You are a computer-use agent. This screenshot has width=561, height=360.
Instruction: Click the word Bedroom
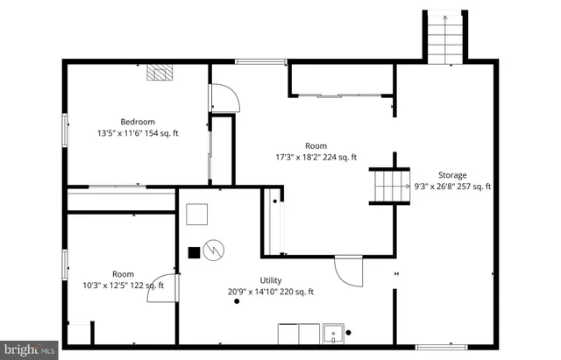coord(138,122)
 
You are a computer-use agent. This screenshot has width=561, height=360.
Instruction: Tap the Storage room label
coord(452,175)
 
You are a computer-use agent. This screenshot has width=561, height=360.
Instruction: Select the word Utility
coord(270,280)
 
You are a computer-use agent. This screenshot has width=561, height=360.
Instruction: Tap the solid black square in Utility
coord(193,253)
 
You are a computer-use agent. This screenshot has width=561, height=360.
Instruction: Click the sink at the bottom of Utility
coord(333,334)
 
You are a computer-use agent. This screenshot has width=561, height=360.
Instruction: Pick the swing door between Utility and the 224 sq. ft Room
coord(348,271)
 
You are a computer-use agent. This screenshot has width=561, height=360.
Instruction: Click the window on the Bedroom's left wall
coord(64,131)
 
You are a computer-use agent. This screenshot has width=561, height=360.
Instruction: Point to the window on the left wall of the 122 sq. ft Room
coord(64,265)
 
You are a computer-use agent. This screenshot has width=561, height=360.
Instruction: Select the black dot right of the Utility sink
coord(348,333)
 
